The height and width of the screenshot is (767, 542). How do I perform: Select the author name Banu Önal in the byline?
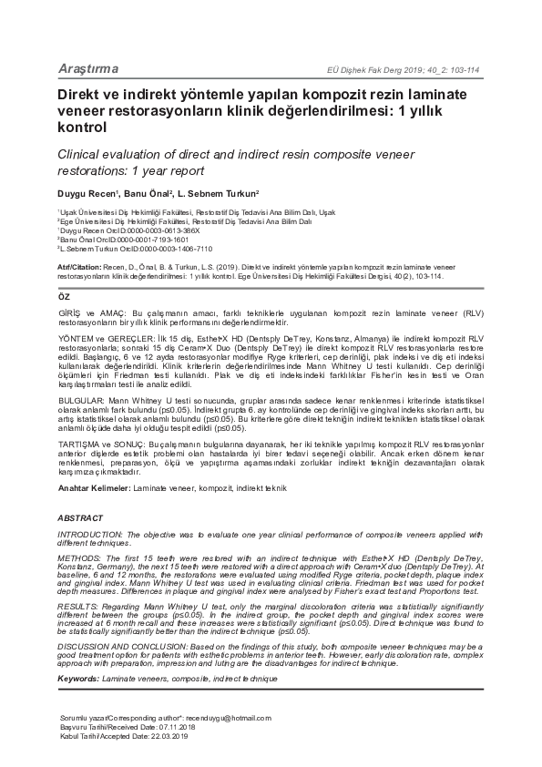click(x=145, y=193)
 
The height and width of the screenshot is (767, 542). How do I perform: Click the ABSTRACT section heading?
click(x=80, y=518)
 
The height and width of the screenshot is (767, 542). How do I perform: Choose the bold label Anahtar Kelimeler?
click(x=95, y=488)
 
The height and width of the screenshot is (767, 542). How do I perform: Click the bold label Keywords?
click(x=78, y=680)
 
